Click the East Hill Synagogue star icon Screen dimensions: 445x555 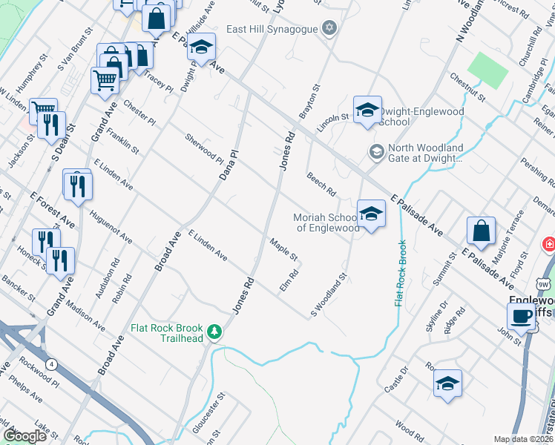[x=330, y=29]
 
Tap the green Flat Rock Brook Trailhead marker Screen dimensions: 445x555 [x=215, y=332]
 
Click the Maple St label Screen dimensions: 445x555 [x=283, y=250]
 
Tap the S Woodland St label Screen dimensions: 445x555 [x=329, y=295]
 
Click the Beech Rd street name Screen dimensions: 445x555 [x=321, y=184]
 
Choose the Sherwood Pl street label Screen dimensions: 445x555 [x=204, y=149]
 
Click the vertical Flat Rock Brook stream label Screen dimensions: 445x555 [x=400, y=273]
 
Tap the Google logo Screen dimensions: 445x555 [x=24, y=435]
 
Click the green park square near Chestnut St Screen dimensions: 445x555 [x=488, y=70]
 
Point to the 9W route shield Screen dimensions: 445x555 [x=544, y=283]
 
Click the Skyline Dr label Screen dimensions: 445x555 [x=439, y=314]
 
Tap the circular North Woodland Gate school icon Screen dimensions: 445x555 [x=376, y=152]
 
